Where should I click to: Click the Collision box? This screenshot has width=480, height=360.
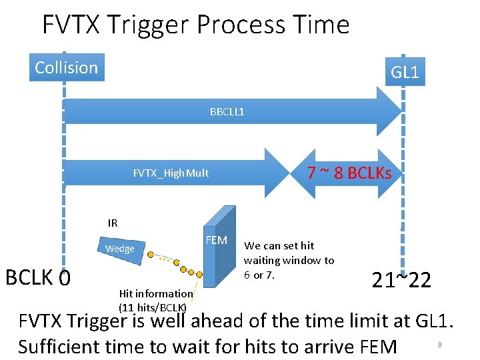[x=67, y=67]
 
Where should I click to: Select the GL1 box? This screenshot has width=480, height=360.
[x=405, y=71]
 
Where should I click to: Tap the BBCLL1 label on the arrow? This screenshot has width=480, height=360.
[x=227, y=111]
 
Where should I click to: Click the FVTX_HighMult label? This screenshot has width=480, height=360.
[x=171, y=173]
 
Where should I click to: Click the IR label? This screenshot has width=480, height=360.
[x=113, y=223]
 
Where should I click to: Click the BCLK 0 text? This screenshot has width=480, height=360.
[x=38, y=276]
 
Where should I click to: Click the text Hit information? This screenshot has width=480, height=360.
[x=155, y=293]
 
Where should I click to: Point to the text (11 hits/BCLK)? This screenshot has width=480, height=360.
[x=152, y=307]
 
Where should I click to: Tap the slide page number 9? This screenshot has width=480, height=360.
[x=439, y=345]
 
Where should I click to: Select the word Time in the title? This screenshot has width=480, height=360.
[x=323, y=25]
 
